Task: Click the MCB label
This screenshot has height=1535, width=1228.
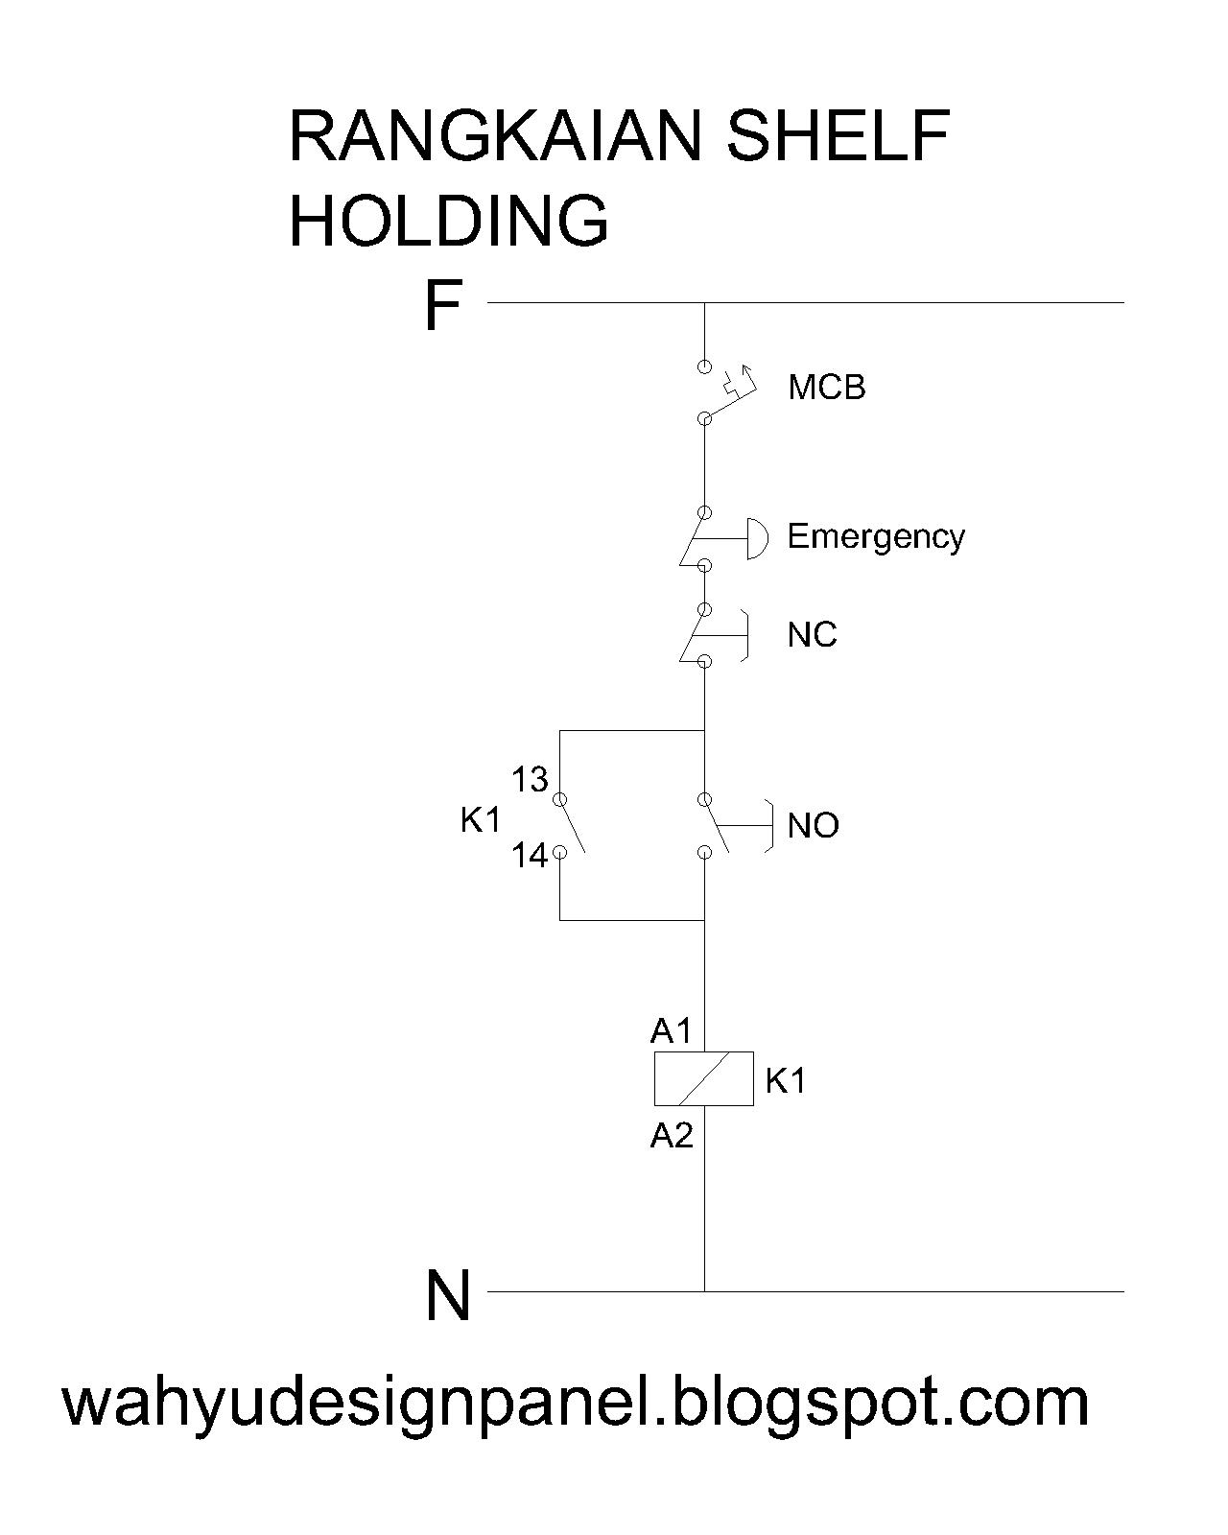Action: click(x=826, y=388)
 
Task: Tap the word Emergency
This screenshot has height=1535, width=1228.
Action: click(x=875, y=536)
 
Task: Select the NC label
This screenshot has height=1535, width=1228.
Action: click(x=812, y=635)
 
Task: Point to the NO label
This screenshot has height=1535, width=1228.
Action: click(x=813, y=826)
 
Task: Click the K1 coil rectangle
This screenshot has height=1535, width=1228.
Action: click(x=703, y=1078)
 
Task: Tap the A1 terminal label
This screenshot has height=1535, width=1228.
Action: click(x=671, y=1031)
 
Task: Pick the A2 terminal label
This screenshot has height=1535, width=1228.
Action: click(x=671, y=1136)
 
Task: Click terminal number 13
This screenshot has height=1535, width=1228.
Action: click(x=529, y=781)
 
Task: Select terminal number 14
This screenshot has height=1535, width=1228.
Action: click(x=529, y=855)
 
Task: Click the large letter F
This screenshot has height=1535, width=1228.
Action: click(x=443, y=307)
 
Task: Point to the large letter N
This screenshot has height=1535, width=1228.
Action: click(x=447, y=1296)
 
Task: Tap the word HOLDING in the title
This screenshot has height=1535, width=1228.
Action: click(x=448, y=221)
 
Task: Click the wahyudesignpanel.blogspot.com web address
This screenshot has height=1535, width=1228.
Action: click(x=576, y=1403)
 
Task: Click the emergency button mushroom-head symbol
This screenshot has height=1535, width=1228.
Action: click(x=758, y=538)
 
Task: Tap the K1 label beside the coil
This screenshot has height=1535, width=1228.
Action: click(x=786, y=1081)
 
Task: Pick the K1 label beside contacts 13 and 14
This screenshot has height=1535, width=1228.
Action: click(x=481, y=820)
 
